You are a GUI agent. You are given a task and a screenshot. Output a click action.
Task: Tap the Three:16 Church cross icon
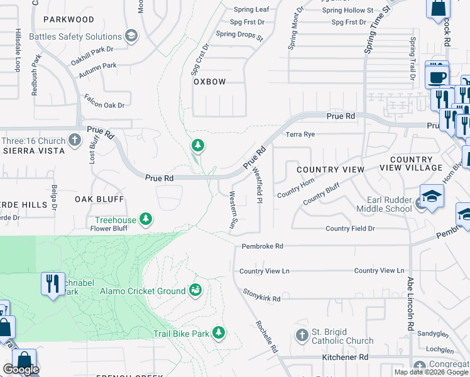75,139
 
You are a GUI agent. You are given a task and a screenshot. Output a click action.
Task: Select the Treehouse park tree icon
146,219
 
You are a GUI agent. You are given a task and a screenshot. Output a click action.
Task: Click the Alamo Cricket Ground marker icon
196,290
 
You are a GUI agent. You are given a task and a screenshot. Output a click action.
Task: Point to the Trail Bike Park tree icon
218,332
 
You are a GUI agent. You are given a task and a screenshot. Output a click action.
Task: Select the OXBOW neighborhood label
209,82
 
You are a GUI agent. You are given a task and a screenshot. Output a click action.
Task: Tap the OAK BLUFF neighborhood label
99,199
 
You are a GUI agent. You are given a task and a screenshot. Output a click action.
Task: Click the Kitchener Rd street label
345,357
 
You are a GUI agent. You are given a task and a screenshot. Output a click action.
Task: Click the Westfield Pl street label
257,183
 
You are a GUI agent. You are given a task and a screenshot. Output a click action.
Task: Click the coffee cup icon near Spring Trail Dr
437,77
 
